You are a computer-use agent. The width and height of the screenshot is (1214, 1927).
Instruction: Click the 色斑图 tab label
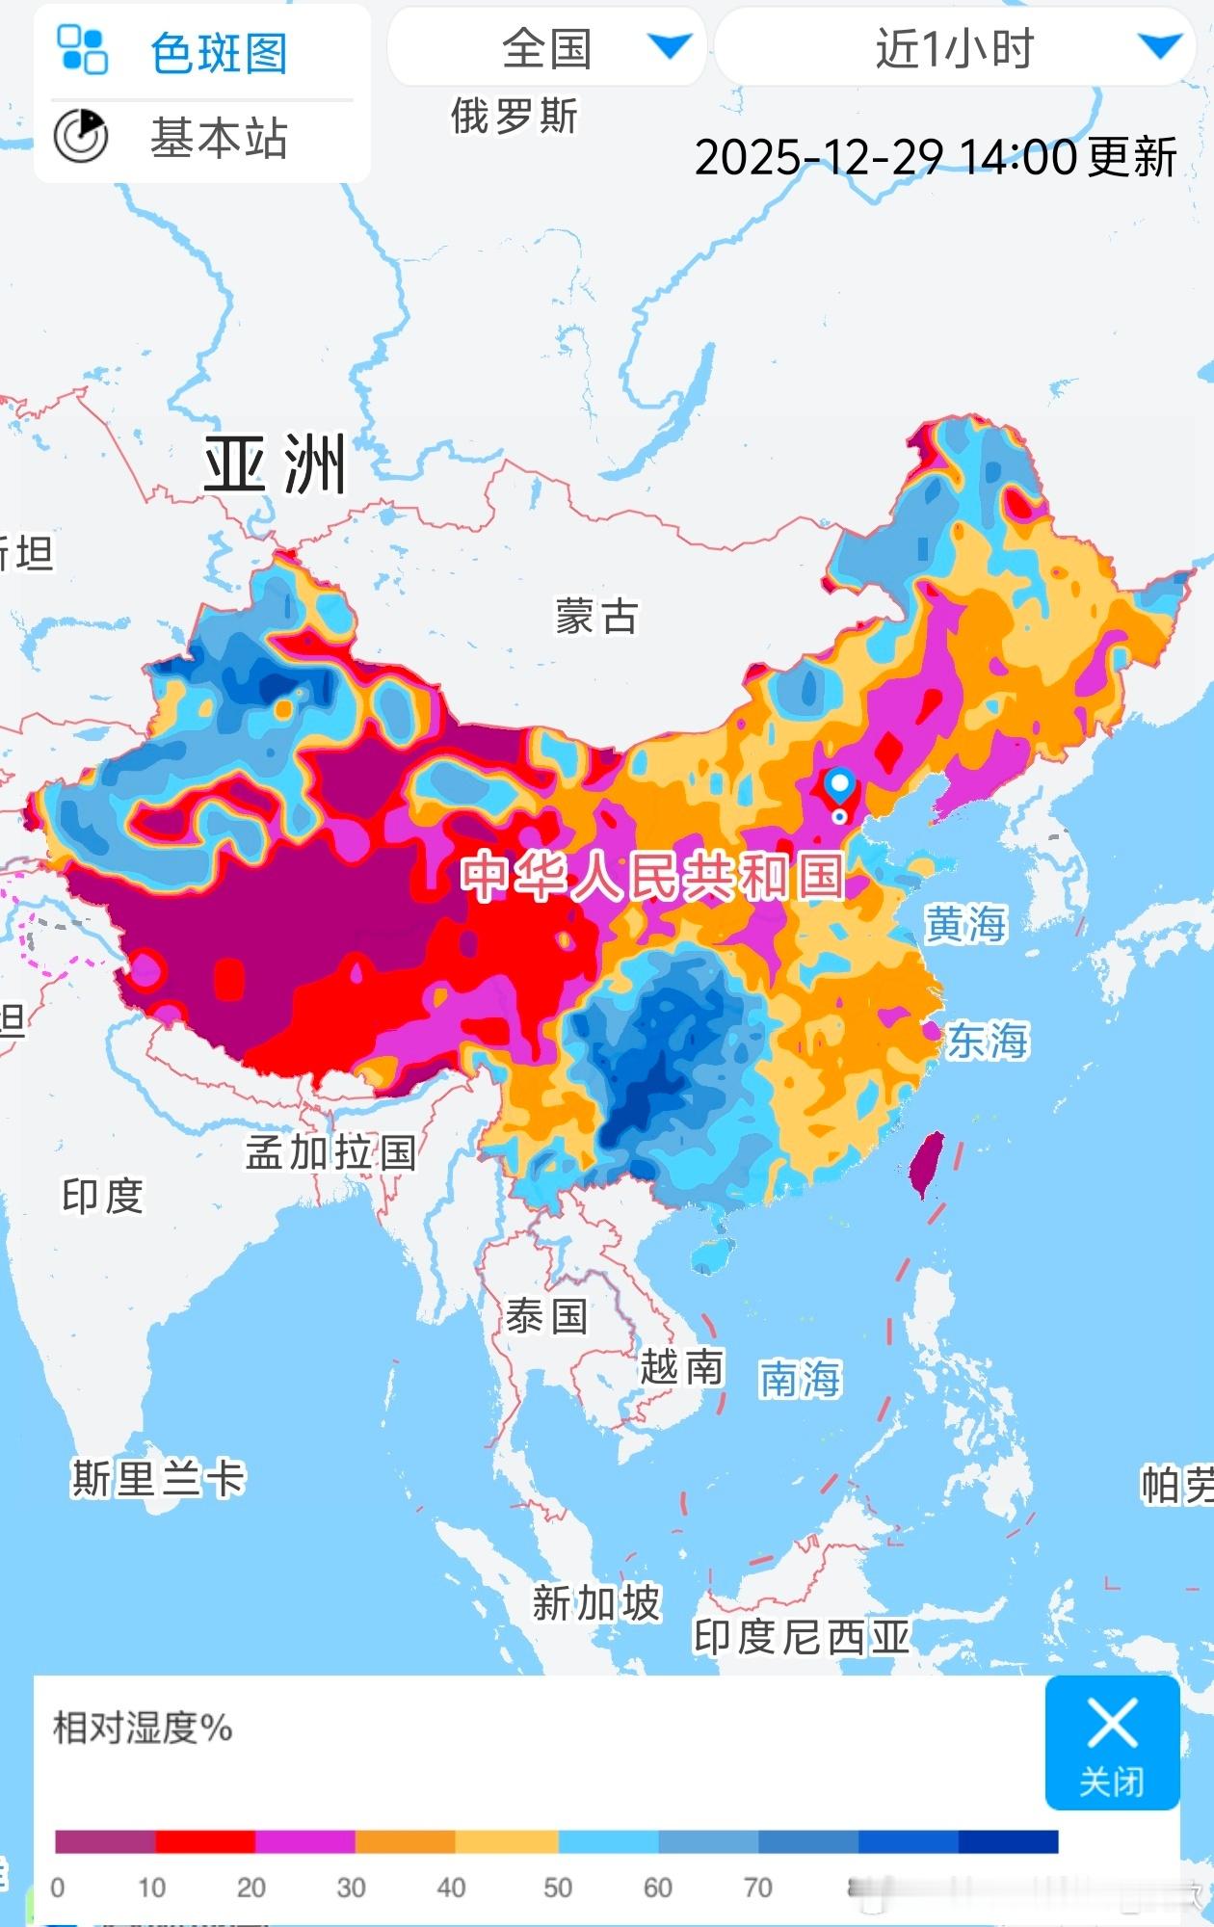click(219, 52)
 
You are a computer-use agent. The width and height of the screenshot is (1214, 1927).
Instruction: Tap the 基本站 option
click(218, 138)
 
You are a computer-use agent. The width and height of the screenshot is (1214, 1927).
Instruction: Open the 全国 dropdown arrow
click(670, 46)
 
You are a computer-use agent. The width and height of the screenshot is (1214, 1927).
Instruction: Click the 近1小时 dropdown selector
click(954, 48)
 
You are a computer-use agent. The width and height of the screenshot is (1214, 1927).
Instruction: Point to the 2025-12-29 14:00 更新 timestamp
click(935, 157)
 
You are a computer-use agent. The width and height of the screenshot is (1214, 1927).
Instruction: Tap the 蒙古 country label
click(596, 617)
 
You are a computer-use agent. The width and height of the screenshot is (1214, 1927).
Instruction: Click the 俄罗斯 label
click(514, 117)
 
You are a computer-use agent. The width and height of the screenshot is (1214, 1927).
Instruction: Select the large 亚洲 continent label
click(276, 464)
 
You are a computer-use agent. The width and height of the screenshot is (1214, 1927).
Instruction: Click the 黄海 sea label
click(964, 924)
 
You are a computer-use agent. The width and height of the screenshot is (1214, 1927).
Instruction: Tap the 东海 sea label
click(988, 1041)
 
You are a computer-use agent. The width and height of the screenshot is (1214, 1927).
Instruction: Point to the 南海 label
click(800, 1380)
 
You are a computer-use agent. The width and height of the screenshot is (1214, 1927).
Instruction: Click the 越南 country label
click(681, 1367)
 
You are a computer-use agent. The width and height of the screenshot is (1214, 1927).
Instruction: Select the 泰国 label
click(546, 1316)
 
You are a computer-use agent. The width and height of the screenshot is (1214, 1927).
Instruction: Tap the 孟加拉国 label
click(330, 1152)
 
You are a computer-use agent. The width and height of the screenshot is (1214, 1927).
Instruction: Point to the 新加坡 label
click(596, 1603)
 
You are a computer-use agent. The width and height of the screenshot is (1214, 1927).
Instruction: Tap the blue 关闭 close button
click(1112, 1742)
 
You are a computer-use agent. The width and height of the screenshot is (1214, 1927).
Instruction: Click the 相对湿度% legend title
click(143, 1728)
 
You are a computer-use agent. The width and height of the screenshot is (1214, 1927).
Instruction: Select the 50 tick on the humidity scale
click(558, 1887)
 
